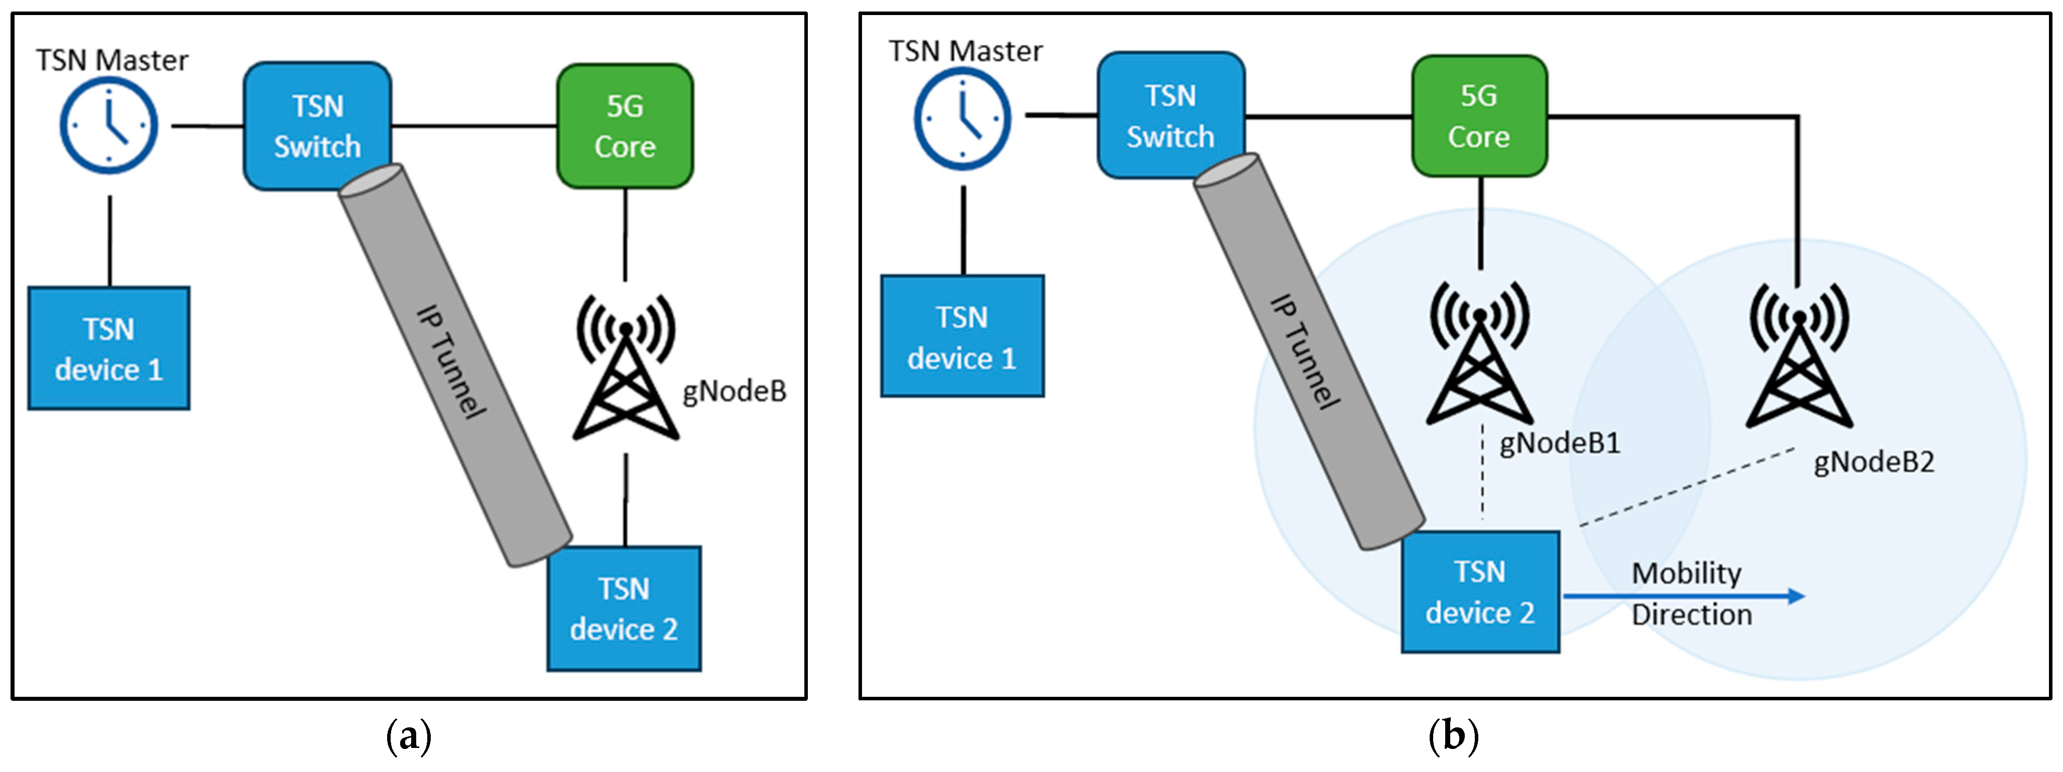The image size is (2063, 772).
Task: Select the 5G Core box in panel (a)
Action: pos(625,126)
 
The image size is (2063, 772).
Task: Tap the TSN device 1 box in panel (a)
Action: pos(109,348)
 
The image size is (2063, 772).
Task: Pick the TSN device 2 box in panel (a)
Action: pos(624,609)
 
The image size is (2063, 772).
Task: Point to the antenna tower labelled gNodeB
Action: pos(625,368)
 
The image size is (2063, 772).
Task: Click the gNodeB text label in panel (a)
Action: pos(734,392)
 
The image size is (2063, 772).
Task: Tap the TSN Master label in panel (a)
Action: pos(112,60)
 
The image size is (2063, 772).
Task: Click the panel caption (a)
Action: pos(408,735)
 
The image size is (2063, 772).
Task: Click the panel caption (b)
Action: pos(1453,735)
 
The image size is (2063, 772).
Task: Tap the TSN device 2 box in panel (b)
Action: pos(1480,592)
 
